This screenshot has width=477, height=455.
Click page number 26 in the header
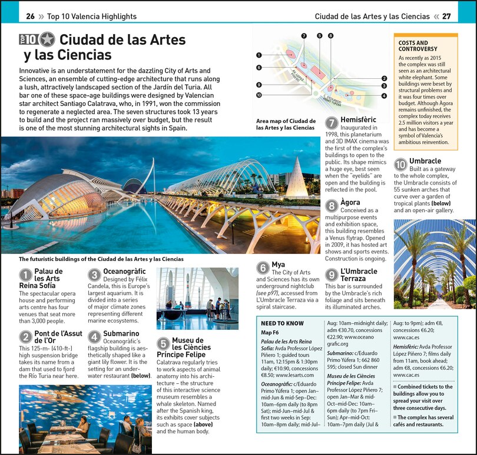pyautogui.click(x=30, y=16)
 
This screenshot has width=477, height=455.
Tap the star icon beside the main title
pyautogui.click(x=47, y=40)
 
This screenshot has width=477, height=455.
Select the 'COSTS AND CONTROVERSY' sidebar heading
pyautogui.click(x=413, y=46)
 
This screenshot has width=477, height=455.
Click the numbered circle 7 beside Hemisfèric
pyautogui.click(x=332, y=123)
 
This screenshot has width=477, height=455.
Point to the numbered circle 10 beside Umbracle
pyautogui.click(x=400, y=165)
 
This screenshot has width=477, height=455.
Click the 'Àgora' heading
pyautogui.click(x=350, y=203)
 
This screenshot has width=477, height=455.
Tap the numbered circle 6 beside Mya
pyautogui.click(x=263, y=268)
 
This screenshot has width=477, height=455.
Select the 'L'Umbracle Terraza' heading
pyautogui.click(x=359, y=275)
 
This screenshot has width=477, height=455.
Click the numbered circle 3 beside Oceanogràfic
pyautogui.click(x=94, y=275)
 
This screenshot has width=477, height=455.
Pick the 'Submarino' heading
pyautogui.click(x=121, y=334)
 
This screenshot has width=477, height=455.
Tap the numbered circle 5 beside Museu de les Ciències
pyautogui.click(x=163, y=343)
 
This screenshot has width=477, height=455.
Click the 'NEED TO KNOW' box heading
pyautogui.click(x=282, y=323)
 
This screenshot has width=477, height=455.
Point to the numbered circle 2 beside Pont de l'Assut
pyautogui.click(x=25, y=337)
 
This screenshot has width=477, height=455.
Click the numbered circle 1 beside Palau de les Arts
pyautogui.click(x=25, y=275)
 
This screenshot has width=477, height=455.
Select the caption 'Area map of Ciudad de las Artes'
pyautogui.click(x=286, y=124)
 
